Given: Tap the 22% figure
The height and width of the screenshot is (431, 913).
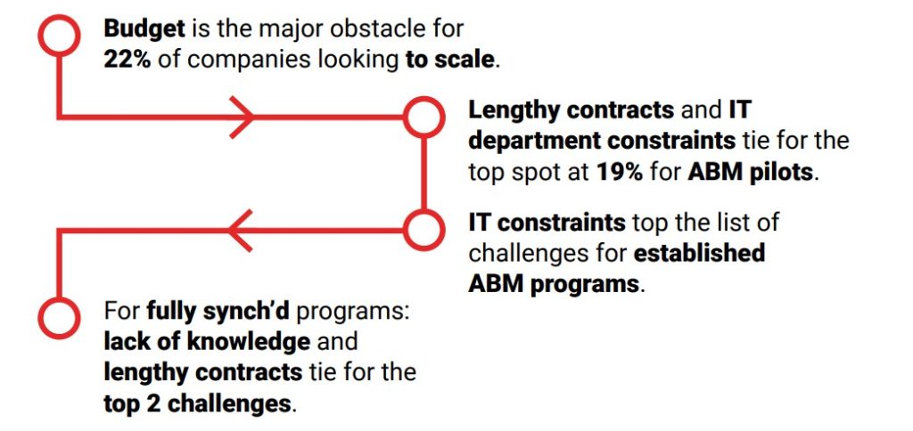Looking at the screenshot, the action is pos(127,60).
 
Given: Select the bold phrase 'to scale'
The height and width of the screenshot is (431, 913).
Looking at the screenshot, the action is pos(449,60).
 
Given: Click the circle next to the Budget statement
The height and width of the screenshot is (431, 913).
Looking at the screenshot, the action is pos(59,35).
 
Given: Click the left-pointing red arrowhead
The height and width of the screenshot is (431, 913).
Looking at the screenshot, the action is pos(240,231).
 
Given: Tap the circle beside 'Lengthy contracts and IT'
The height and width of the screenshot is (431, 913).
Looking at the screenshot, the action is pos(424,117).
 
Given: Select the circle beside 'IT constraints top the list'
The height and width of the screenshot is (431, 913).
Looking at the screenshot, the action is pos(424,230).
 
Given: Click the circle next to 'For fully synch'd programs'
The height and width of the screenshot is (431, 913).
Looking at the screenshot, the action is pos(59,318).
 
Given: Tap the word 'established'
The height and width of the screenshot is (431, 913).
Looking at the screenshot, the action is pos(699,254).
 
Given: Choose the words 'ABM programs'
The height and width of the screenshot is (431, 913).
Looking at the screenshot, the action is pos(554,285).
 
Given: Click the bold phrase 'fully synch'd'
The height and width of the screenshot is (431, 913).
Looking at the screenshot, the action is pos(218,312).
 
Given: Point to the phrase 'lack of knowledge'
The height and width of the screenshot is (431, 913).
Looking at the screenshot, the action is pos(207,341).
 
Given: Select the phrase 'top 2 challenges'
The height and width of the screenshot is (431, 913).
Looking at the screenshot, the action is pos(197,403).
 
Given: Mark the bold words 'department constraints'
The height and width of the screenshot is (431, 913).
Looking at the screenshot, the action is pos(602,142).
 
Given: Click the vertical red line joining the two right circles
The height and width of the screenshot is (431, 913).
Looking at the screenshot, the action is pos(424,174).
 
